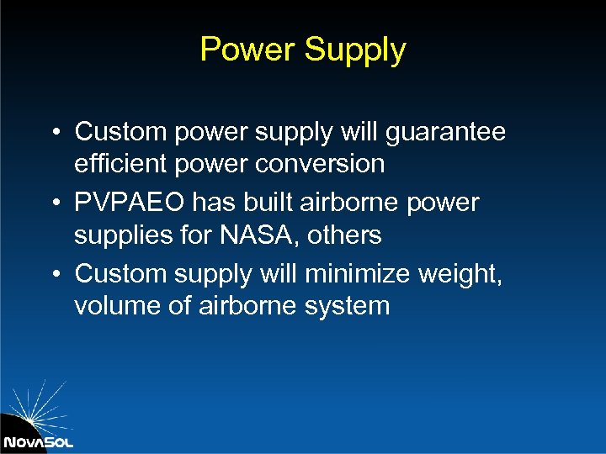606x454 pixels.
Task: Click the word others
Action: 344,235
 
